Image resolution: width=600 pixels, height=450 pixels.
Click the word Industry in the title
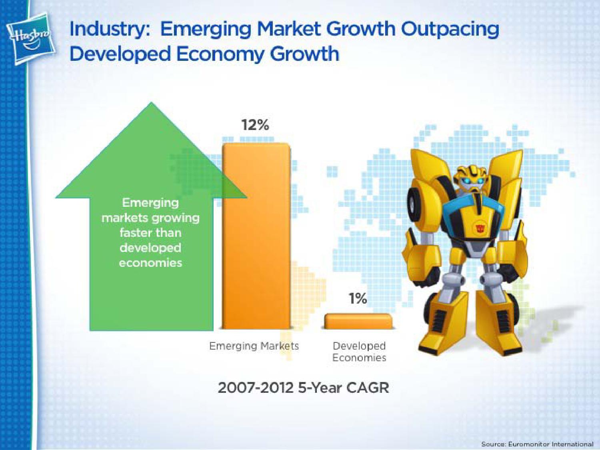point(108,30)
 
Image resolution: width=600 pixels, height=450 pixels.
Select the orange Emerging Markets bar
point(256,236)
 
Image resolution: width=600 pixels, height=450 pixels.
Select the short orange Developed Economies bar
point(358,321)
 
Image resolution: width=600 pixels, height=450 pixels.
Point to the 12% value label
point(255,126)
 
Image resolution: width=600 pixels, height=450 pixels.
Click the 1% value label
point(358,298)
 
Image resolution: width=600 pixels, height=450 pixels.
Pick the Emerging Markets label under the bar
point(254,346)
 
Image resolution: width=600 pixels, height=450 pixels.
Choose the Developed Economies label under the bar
point(359,352)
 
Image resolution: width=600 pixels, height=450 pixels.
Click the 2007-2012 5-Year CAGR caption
point(303,388)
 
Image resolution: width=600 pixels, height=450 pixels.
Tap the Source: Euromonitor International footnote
point(537,444)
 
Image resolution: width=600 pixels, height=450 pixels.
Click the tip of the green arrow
point(152,102)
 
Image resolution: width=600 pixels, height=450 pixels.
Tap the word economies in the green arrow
point(151,263)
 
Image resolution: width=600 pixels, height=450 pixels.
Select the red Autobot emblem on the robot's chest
point(480,228)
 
